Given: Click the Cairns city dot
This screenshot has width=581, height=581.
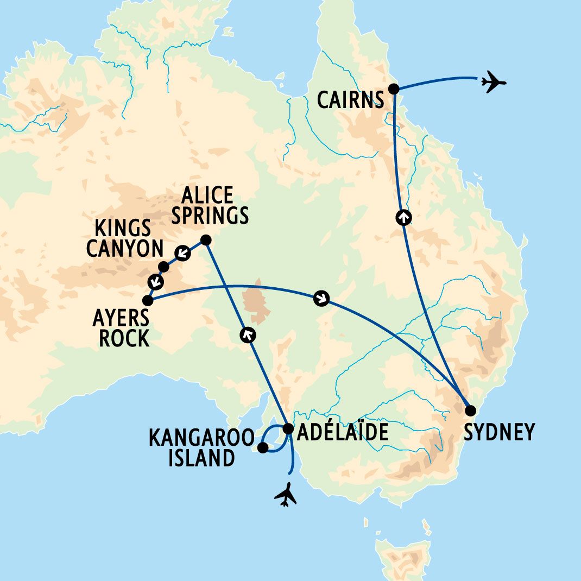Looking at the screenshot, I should click(394, 89).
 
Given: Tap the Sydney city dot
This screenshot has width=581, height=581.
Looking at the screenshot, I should click(471, 410).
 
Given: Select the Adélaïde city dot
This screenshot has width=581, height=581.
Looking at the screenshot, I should click(288, 428).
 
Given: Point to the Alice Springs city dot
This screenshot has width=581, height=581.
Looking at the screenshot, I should click(206, 239).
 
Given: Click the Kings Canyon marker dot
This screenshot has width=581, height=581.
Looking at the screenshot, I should click(163, 266).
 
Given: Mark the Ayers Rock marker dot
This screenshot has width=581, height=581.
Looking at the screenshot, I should click(147, 300).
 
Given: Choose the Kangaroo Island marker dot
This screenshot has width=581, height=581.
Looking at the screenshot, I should click(262, 448).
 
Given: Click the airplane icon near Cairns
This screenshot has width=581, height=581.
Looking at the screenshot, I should click(493, 82).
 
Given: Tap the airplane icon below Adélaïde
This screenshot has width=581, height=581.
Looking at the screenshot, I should click(286, 495).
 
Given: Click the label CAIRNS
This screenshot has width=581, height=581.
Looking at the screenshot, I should click(350, 100).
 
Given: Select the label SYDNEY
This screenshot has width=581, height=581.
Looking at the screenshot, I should click(500, 432).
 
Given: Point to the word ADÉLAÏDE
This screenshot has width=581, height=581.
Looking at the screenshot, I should click(343, 432).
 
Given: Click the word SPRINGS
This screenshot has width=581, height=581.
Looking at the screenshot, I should click(214, 215).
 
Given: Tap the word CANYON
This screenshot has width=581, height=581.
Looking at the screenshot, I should click(125, 249).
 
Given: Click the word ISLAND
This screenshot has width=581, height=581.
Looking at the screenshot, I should click(201, 458).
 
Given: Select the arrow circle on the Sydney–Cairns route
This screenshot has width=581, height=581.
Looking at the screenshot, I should click(403, 217).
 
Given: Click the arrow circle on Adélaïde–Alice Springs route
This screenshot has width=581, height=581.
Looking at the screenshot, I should click(248, 336).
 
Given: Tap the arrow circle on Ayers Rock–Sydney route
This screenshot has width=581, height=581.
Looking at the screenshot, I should click(321, 298).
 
